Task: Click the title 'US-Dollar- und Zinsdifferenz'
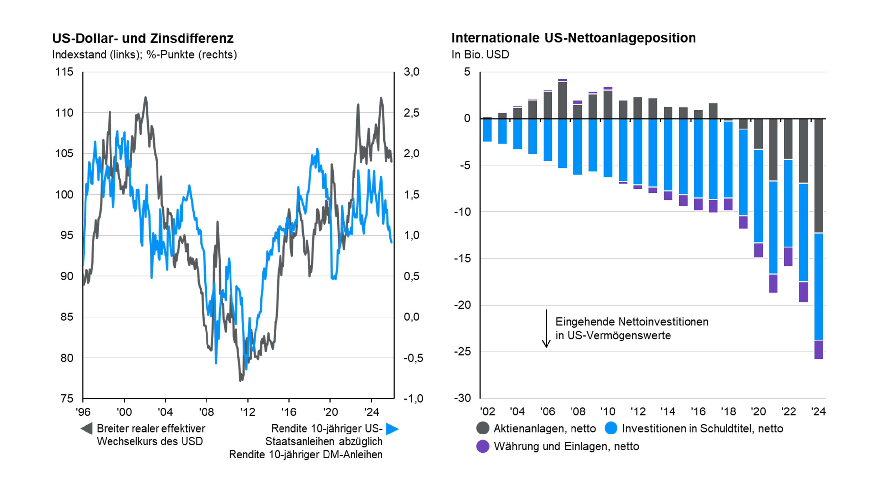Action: point(143,38)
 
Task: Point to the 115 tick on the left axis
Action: point(64,72)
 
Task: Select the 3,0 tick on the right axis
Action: point(411,72)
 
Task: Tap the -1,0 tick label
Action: point(413,398)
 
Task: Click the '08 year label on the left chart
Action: point(206,412)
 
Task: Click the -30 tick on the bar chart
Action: point(462,398)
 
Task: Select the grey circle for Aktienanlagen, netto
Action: point(483,428)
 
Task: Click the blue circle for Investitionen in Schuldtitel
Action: point(611,428)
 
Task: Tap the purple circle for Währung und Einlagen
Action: point(483,446)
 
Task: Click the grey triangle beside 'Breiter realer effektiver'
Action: point(86,428)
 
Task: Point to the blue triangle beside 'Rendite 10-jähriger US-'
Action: point(392,429)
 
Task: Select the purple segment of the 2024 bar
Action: point(818,349)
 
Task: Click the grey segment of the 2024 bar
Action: point(818,175)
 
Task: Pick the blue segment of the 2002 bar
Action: point(487,130)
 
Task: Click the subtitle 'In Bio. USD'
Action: point(480,55)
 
